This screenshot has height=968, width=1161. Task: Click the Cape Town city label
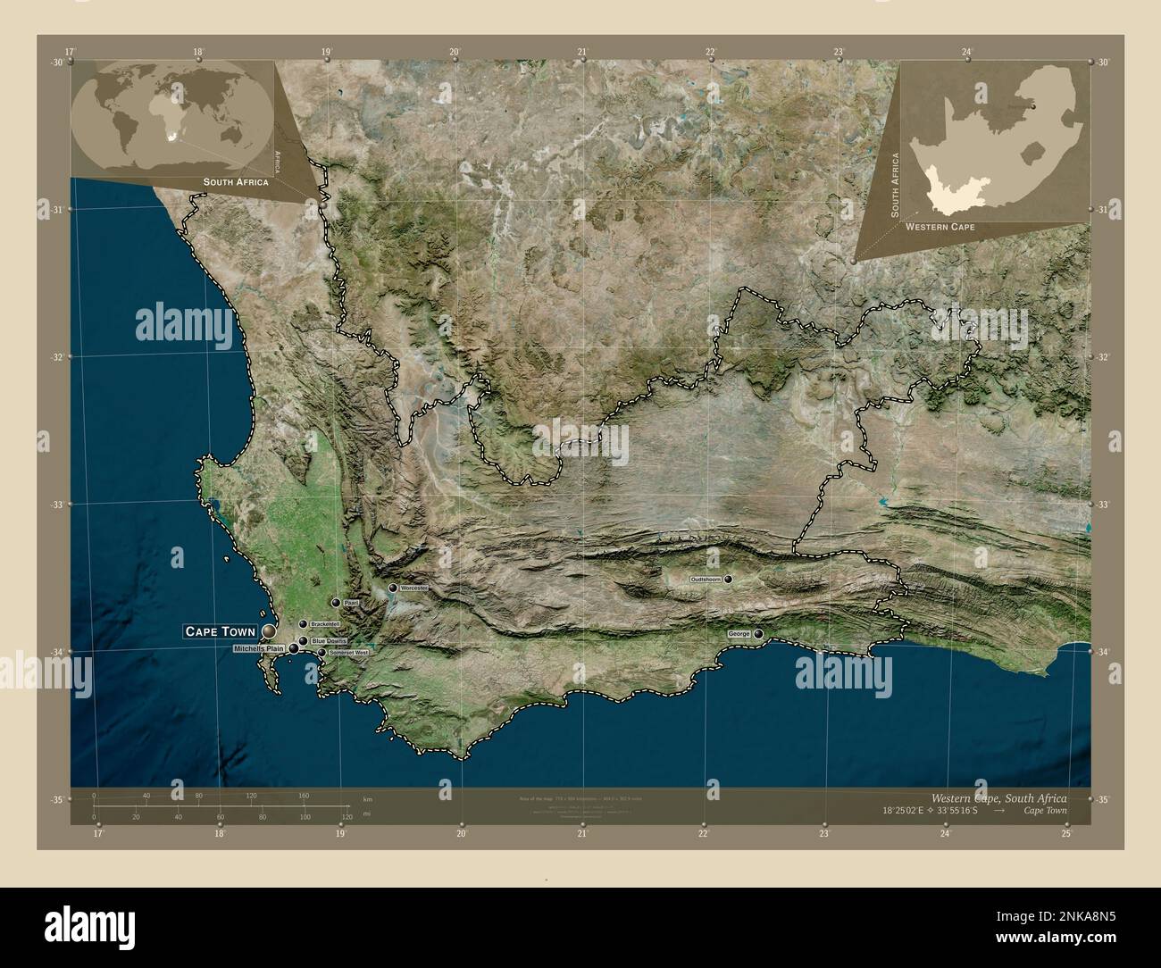pos(220,631)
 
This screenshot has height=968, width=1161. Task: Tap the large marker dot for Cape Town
pos(269,631)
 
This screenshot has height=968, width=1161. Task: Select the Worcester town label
pos(415,589)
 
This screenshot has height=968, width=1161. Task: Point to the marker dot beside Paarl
pos(336,604)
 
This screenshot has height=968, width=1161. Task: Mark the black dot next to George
pos(758,634)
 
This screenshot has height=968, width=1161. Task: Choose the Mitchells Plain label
pos(258,648)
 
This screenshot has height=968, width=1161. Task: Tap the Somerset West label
pos(348,653)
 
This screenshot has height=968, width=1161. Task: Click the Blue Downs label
pos(329,641)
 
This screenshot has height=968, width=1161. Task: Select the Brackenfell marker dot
pos(303,623)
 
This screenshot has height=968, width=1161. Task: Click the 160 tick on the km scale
pos(304,795)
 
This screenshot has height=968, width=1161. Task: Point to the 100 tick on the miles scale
pos(305,817)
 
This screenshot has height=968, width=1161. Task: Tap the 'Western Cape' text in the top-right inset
pos(939,228)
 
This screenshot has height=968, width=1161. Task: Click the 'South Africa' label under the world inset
pos(236,182)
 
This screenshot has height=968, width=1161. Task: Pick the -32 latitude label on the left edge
pos(57,357)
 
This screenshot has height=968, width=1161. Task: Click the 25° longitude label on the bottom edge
pos(1066,834)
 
